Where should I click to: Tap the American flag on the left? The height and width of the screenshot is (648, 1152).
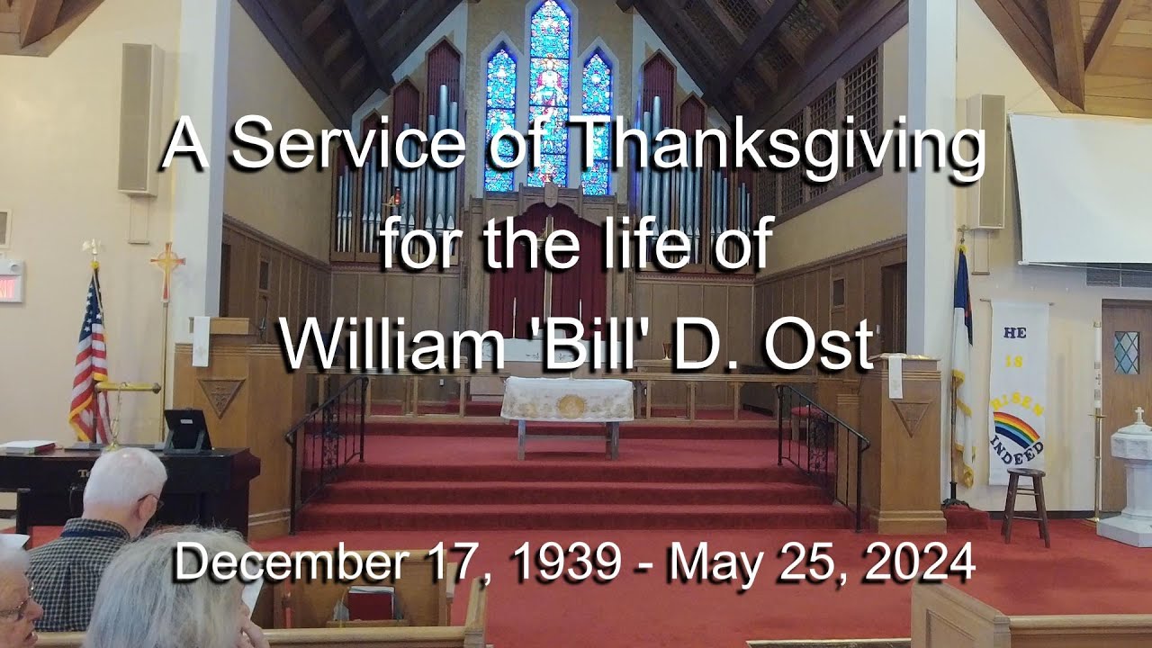[90, 360]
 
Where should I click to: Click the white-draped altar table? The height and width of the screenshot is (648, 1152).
[567, 400]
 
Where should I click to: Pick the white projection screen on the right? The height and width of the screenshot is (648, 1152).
[1080, 189]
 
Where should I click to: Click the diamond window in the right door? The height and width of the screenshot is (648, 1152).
[1126, 352]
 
